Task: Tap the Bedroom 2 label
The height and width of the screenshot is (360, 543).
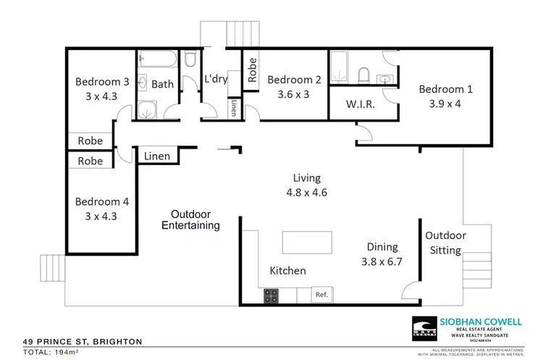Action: click(293, 80)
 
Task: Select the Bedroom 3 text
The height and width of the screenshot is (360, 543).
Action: click(101, 81)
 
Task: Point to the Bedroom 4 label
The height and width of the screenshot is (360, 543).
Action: click(101, 201)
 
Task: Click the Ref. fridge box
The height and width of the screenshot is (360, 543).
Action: click(321, 295)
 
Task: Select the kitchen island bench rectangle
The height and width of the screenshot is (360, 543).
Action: click(308, 241)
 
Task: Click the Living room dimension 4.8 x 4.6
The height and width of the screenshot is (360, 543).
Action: click(306, 193)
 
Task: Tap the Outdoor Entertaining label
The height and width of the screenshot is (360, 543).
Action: click(190, 219)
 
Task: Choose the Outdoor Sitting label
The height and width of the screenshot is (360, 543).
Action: click(445, 243)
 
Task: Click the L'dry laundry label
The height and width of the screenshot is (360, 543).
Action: click(216, 79)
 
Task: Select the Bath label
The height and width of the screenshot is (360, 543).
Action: click(162, 84)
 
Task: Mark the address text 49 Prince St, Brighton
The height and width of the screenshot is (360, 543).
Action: click(81, 341)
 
